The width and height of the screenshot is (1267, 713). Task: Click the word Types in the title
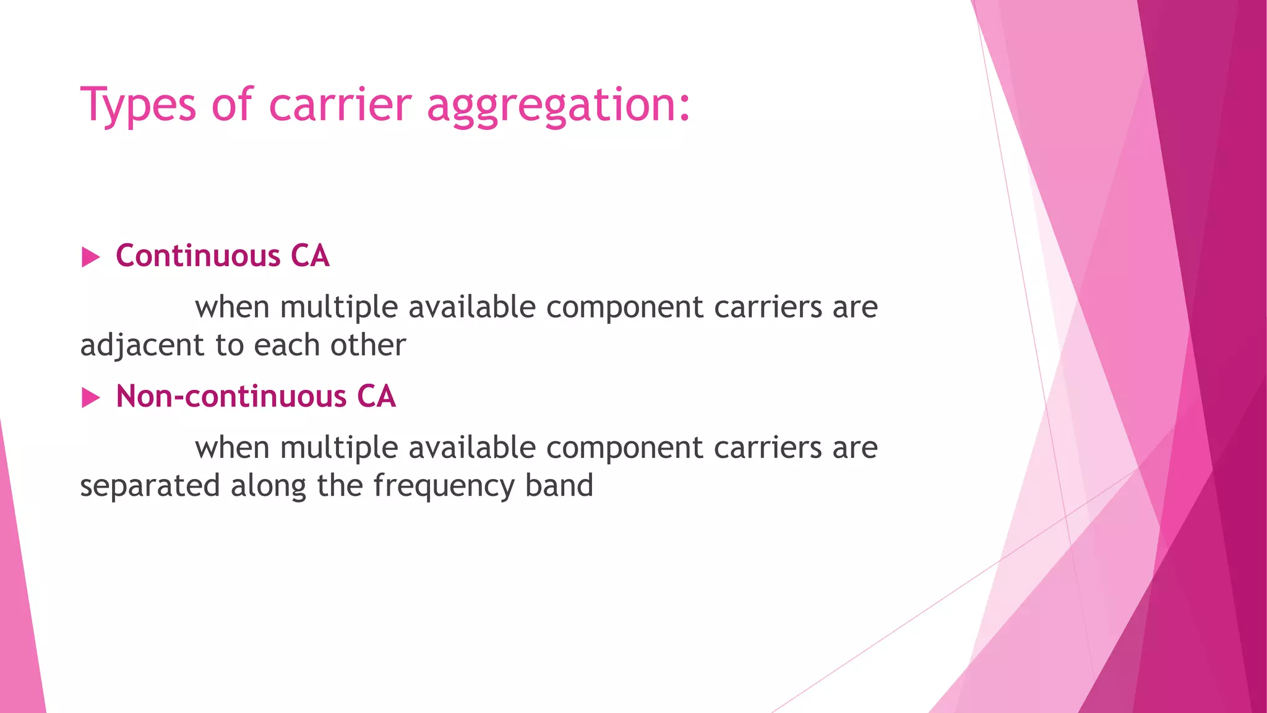click(x=138, y=105)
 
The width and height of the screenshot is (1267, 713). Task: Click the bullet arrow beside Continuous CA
click(x=90, y=257)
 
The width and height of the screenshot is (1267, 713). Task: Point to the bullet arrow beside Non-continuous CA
click(x=90, y=397)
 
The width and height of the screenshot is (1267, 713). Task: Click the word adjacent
click(x=142, y=345)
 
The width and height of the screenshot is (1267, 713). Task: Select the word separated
click(x=150, y=485)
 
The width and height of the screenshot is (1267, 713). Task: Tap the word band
click(x=559, y=485)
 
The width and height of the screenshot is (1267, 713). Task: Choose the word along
click(x=268, y=486)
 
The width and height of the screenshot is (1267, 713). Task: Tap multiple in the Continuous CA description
click(x=338, y=308)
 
